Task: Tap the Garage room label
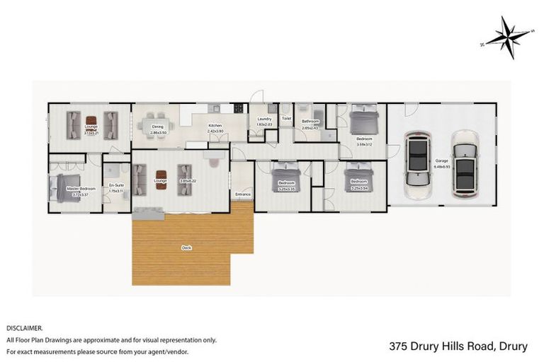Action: point(441,161)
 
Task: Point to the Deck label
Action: point(186,247)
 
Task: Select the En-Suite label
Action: point(115,186)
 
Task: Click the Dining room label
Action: point(157,127)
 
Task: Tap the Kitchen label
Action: point(215,127)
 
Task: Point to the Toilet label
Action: point(286,119)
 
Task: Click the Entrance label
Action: point(243,193)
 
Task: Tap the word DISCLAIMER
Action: point(25,328)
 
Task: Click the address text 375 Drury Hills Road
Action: point(438,346)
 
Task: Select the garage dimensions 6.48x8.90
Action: point(441,167)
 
